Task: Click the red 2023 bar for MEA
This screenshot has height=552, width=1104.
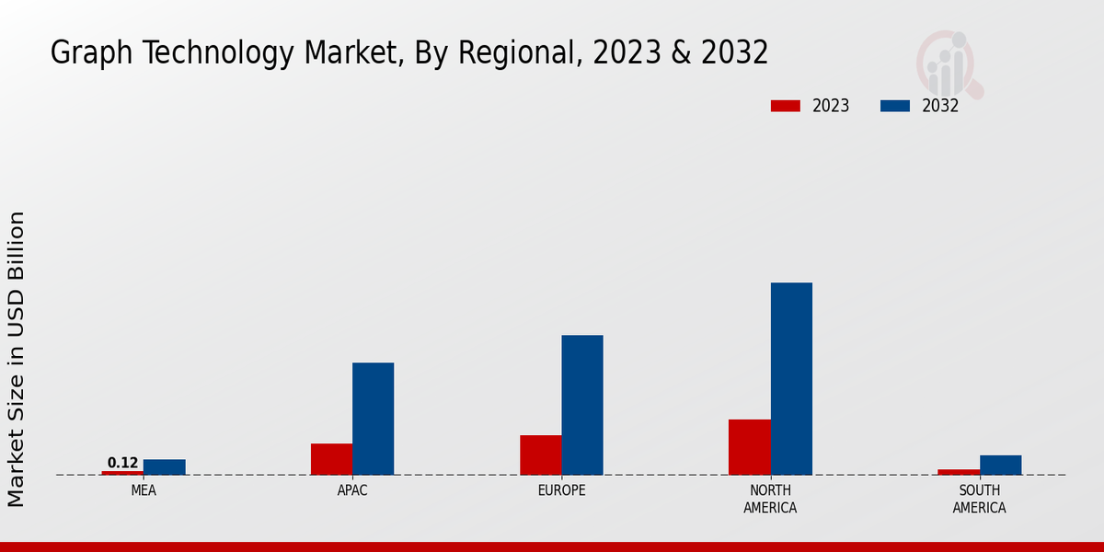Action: [122, 473]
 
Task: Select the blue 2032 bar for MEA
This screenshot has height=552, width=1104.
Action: [165, 467]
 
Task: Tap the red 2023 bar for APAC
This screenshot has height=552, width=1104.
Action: [331, 459]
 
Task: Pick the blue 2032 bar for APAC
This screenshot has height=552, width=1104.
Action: [373, 419]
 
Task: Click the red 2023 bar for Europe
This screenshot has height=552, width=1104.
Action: [540, 455]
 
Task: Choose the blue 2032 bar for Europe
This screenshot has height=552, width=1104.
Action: [582, 405]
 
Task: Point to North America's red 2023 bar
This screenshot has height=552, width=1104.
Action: [749, 447]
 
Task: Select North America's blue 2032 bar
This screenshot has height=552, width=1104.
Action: [791, 379]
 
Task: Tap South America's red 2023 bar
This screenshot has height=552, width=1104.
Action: [959, 472]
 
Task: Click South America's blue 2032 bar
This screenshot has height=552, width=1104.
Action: [1000, 466]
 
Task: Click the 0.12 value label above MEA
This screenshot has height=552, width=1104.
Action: [122, 463]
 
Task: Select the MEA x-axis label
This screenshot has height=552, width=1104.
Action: [144, 490]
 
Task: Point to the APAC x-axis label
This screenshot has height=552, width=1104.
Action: [352, 490]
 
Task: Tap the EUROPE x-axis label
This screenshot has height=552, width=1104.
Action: [561, 490]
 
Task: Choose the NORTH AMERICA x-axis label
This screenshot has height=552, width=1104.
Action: [771, 499]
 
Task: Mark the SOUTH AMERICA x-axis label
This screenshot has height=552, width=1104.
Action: [979, 499]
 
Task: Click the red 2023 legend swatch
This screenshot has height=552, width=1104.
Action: [786, 106]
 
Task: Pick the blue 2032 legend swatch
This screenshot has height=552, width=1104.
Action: [895, 106]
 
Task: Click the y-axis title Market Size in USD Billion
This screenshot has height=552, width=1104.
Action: [17, 359]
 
